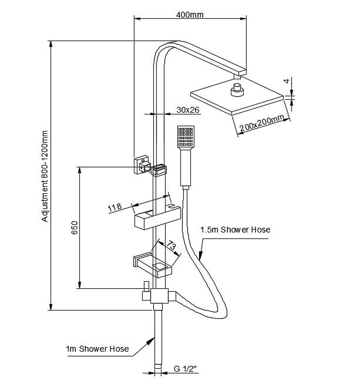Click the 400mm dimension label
tap(189, 15)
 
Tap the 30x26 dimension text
tap(188, 110)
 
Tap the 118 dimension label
tap(115, 207)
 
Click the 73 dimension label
tap(170, 245)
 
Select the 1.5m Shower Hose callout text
tap(235, 230)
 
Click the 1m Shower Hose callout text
tap(97, 349)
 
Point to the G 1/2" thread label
tap(185, 369)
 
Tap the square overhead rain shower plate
tap(241, 96)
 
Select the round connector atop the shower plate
tap(237, 90)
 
